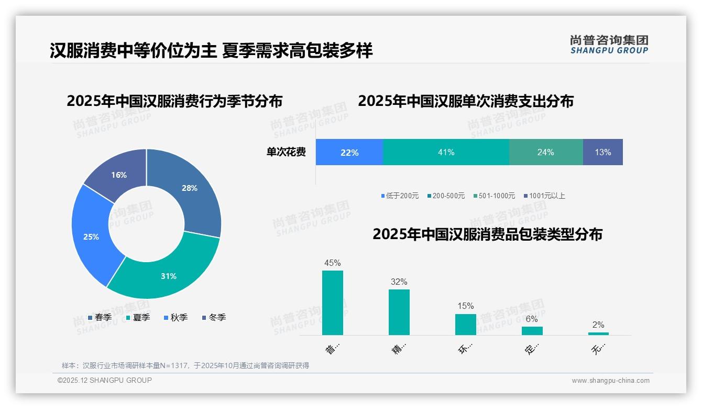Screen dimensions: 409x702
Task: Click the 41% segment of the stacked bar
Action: click(446, 152)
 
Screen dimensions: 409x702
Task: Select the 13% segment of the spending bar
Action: click(602, 152)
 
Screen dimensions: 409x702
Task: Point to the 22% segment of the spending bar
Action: click(349, 152)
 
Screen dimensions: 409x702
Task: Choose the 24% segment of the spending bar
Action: click(545, 152)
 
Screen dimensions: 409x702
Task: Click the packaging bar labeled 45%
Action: click(333, 303)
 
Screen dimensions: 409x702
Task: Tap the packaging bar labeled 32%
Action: click(399, 312)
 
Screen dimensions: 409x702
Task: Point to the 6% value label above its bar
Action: click(532, 319)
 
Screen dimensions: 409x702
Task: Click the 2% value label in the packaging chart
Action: click(598, 325)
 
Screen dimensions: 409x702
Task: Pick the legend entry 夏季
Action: click(138, 317)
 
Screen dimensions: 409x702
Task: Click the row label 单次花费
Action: click(286, 152)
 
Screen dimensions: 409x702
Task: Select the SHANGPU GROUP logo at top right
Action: click(609, 44)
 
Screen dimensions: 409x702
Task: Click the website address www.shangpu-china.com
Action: click(610, 380)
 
